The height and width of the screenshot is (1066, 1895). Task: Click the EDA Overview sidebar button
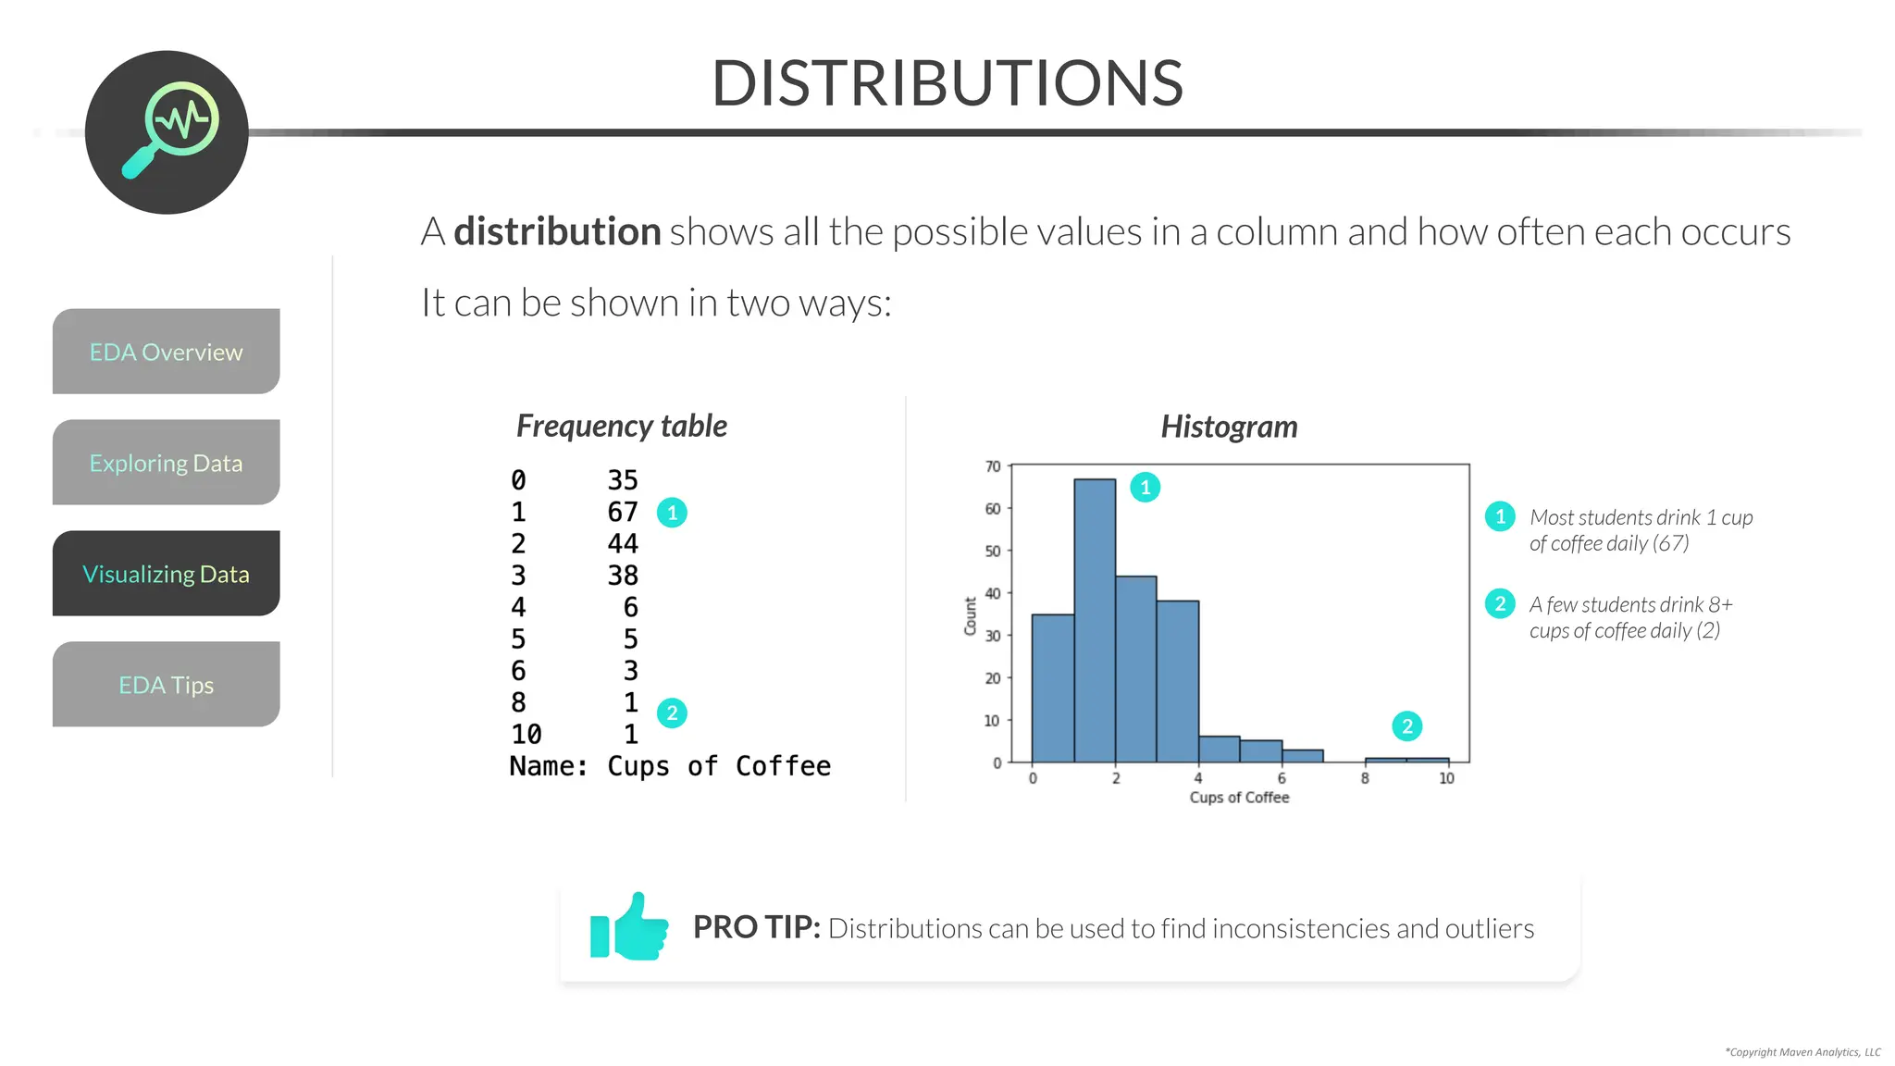[x=166, y=352]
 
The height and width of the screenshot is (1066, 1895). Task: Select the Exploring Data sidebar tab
[x=166, y=463]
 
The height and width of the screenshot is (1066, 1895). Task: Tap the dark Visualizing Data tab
[x=166, y=574]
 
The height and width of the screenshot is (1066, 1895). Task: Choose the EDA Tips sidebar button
[x=166, y=685]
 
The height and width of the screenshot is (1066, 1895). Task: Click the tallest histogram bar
[x=1095, y=620]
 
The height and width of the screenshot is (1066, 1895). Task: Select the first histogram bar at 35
[x=1053, y=688]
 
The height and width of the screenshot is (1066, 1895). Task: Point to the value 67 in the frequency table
[x=623, y=512]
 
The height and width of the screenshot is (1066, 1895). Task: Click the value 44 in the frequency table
[x=623, y=543]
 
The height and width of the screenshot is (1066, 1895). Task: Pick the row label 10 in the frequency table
[x=526, y=735]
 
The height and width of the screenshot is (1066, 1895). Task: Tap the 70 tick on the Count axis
[x=993, y=466]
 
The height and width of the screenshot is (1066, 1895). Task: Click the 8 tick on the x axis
[x=1365, y=779]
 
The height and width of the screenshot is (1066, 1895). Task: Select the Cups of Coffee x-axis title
[x=1239, y=798]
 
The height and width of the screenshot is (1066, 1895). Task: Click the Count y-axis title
[x=971, y=615]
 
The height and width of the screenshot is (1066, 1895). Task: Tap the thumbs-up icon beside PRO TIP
[x=630, y=927]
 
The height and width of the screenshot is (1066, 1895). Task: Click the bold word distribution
[x=557, y=231]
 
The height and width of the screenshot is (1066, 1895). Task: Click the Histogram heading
[x=1229, y=427]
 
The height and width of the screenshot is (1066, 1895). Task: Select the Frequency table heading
[x=621, y=426]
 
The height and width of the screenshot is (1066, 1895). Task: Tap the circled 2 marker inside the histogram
[x=1406, y=726]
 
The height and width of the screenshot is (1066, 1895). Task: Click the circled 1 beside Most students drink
[x=1500, y=516]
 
